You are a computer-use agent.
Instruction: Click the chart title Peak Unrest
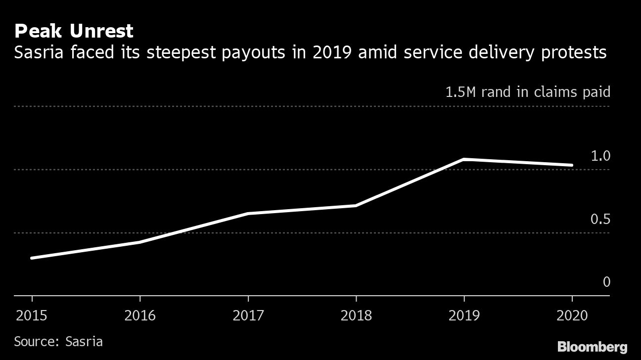tap(74, 31)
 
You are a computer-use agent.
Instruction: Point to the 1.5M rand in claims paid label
tap(528, 92)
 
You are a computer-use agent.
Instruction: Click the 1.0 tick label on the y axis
tap(600, 156)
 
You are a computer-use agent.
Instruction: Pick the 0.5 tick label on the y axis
tap(600, 219)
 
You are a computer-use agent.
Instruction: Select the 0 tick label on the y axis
tap(606, 282)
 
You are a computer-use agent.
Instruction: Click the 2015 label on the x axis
tap(32, 315)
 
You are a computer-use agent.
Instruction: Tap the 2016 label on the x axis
tap(140, 315)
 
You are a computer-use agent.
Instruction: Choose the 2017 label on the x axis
tap(248, 315)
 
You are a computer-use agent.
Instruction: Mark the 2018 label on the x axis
tap(356, 315)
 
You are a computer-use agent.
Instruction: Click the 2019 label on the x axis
tap(464, 315)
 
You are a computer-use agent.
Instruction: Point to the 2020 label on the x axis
tap(572, 315)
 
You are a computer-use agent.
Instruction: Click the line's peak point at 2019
tap(464, 159)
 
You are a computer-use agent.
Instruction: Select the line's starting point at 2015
tap(32, 258)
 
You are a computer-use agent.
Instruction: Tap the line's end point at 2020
tap(572, 165)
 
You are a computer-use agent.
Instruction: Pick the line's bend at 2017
tap(248, 214)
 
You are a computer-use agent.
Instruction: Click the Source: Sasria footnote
tap(58, 341)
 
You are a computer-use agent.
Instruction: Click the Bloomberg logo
tap(593, 347)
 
